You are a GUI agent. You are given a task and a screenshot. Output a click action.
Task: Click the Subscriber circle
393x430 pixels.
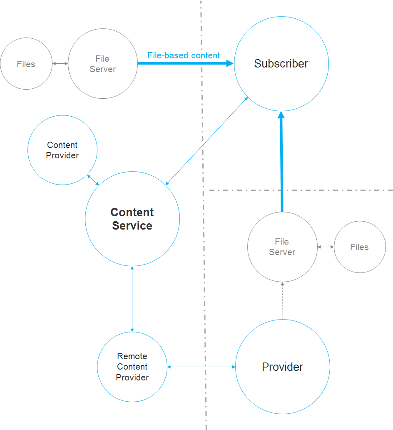(281, 64)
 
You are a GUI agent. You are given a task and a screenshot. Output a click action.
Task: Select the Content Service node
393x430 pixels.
(132, 219)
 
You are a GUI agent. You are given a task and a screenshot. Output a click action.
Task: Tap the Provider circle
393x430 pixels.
(283, 367)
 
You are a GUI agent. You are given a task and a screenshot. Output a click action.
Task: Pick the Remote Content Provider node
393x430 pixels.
(132, 367)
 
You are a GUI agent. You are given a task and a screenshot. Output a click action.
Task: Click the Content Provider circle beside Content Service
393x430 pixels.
(62, 150)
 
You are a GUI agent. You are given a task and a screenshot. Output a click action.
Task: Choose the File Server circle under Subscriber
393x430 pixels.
(282, 247)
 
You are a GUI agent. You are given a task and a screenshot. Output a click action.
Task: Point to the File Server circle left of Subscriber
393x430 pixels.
(103, 64)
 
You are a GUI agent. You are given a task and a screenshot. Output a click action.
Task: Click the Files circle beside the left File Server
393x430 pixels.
(26, 64)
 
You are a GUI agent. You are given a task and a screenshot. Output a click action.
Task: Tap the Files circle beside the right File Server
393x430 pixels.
(360, 247)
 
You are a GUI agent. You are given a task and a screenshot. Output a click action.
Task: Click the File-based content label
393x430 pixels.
(184, 55)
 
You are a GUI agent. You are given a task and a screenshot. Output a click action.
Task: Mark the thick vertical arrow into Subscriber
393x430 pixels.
(281, 162)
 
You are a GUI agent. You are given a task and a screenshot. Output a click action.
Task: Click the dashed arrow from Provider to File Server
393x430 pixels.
(283, 300)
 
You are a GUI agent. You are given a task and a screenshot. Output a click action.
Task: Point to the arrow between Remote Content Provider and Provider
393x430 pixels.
(201, 367)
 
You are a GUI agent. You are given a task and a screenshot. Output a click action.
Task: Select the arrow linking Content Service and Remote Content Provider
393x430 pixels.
(132, 299)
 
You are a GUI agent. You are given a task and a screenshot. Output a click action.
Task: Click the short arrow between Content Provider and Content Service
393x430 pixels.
(93, 180)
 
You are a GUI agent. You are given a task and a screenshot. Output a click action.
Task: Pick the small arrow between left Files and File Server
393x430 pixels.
(60, 64)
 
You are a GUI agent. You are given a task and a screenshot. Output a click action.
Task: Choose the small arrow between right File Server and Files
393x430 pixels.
(326, 247)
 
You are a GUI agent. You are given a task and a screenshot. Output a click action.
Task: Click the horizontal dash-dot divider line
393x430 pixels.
(300, 190)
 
